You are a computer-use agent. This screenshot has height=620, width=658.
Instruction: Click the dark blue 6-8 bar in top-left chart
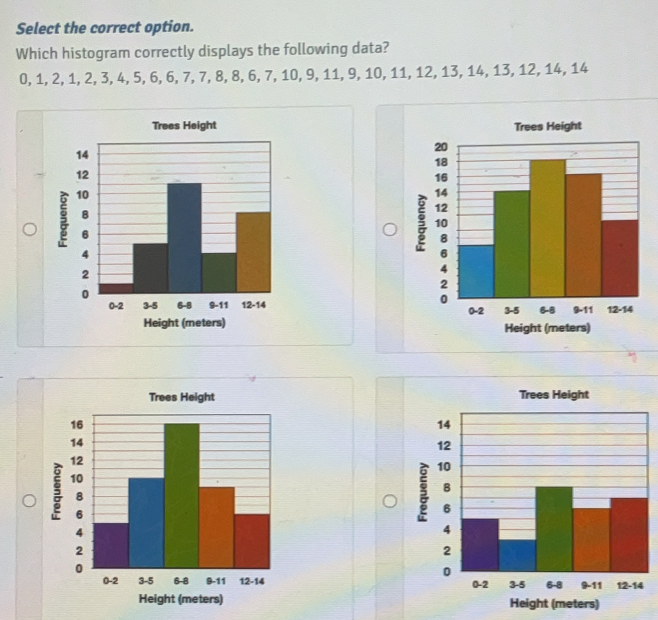(184, 237)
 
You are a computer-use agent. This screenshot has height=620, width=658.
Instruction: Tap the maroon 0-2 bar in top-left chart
(116, 288)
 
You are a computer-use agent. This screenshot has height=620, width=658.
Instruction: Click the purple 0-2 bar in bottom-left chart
(111, 545)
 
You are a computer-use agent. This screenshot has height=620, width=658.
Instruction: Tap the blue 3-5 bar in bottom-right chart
(517, 555)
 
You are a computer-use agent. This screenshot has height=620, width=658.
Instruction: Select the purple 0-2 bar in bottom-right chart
(480, 544)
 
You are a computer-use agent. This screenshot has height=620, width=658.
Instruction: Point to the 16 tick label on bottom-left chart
(77, 424)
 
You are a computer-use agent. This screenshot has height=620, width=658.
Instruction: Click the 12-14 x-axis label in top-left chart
(253, 306)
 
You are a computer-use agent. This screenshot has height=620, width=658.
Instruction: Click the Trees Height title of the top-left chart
(185, 125)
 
